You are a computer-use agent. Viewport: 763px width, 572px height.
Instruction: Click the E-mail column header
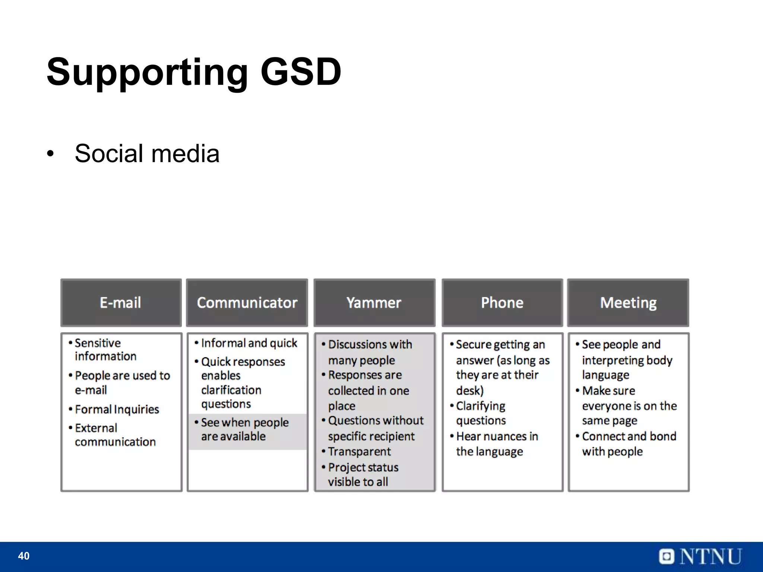tap(121, 302)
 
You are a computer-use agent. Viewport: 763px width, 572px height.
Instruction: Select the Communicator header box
tap(247, 302)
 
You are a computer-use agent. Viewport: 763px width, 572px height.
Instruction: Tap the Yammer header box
tap(374, 302)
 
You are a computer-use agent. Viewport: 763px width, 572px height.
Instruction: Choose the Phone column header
tap(502, 302)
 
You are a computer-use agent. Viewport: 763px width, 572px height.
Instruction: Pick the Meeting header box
tap(628, 302)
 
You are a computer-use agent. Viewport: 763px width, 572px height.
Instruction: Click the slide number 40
tap(23, 556)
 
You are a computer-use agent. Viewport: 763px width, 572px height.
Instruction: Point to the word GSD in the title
tap(300, 71)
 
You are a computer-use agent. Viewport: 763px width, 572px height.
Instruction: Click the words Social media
tap(147, 153)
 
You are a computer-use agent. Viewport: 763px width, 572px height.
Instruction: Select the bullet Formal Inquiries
tap(117, 409)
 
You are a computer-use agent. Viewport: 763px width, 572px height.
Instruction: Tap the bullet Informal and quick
tap(248, 343)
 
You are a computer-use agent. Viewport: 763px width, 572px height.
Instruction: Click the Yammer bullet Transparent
tap(359, 451)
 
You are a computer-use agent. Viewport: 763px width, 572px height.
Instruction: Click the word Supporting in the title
tap(147, 71)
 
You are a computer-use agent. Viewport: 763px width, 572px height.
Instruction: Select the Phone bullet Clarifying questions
tap(481, 413)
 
